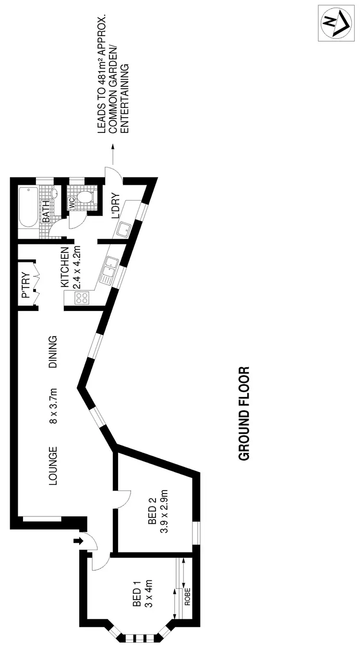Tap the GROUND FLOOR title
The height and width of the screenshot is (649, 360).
tap(244, 414)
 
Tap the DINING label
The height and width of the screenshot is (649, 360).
tap(53, 352)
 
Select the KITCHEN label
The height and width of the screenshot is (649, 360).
tap(65, 267)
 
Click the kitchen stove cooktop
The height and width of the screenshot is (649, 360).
tap(82, 298)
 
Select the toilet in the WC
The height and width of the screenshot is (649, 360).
tap(86, 198)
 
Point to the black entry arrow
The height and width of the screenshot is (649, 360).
tap(76, 541)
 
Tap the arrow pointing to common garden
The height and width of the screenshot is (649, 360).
tap(113, 154)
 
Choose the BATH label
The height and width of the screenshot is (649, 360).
tap(47, 211)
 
